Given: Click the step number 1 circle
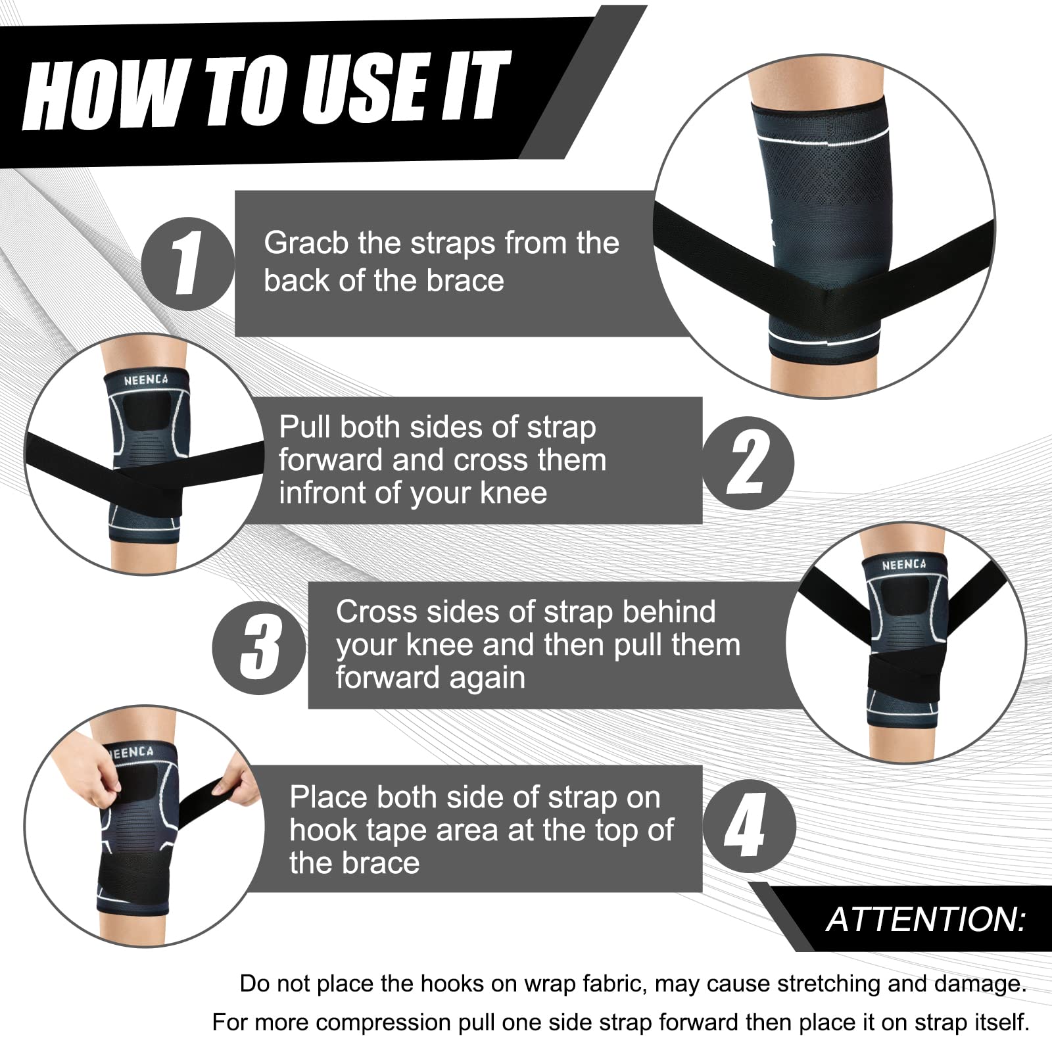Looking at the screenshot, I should pos(187,264).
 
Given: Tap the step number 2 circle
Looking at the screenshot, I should pos(748,463).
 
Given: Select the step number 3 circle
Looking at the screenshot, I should pos(260,648).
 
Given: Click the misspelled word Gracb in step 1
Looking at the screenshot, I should pos(306,243).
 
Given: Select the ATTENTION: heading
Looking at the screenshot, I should pos(926,919).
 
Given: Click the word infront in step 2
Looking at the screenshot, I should pos(321,493).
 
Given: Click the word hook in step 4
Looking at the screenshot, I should pos(320,830).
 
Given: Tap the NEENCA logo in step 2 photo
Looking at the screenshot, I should pos(146,380).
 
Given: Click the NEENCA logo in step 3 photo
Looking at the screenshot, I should pos(903,565).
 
